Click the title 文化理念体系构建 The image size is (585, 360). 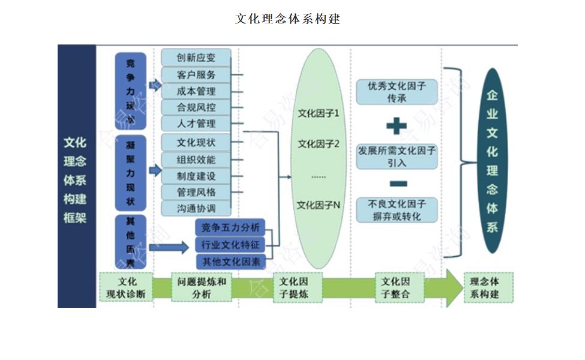coord(288,19)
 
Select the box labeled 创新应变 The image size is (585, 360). coord(196,58)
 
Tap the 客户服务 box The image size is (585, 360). coord(196,75)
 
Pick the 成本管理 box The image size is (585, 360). coord(196,91)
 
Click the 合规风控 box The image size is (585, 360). coord(196,107)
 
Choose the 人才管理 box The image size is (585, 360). coord(196,124)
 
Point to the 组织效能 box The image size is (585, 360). coord(196,160)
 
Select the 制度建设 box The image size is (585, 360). coord(196,176)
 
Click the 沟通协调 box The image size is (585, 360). coord(196,208)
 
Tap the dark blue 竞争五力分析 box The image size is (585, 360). coord(230,227)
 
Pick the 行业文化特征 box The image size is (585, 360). coord(230,245)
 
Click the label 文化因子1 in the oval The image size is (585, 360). coord(319,113)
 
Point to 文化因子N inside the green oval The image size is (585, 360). coord(319,205)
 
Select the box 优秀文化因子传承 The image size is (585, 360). coord(397,92)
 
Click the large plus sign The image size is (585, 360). coord(396,126)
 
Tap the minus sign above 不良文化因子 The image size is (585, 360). coord(397,184)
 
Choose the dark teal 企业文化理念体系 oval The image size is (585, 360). coord(492,160)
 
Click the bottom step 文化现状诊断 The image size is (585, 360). coord(125,287)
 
